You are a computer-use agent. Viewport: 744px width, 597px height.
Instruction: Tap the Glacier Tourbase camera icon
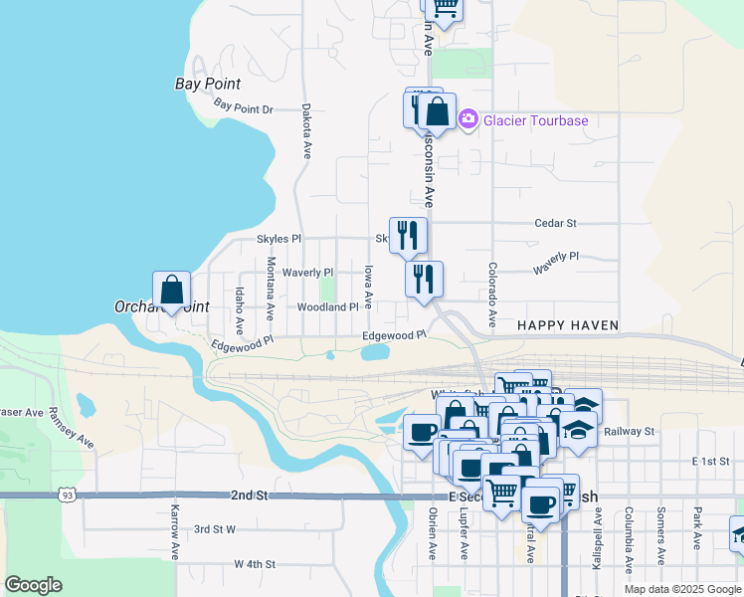tap(467, 119)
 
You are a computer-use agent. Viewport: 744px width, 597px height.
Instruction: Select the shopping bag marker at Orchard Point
tap(172, 291)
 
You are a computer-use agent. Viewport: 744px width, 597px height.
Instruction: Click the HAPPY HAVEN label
tap(568, 325)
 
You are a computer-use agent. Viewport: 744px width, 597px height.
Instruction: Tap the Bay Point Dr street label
tap(243, 107)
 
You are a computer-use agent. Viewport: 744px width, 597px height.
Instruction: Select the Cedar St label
tap(555, 224)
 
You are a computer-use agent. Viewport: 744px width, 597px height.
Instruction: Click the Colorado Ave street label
tap(491, 297)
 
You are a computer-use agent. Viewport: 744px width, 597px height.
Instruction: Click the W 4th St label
tap(254, 564)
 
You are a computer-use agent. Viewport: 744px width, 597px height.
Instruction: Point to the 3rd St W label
tap(215, 529)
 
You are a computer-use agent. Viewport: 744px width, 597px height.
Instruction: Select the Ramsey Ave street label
tap(73, 429)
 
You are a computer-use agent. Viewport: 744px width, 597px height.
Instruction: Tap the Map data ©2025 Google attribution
tap(681, 589)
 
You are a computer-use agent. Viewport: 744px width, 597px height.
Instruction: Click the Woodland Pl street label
tap(327, 307)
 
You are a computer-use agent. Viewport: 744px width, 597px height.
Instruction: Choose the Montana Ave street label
tap(271, 289)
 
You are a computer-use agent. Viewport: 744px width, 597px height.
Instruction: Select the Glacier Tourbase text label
tap(535, 121)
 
